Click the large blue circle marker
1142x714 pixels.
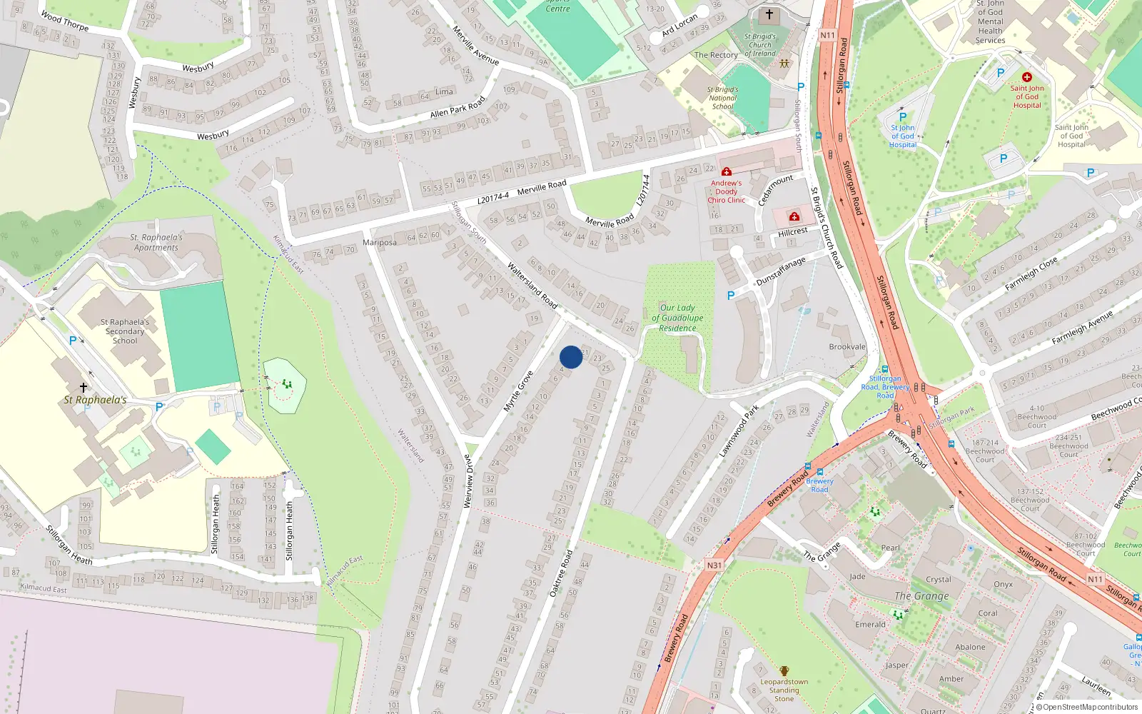[571, 357]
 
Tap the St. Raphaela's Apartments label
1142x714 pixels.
[156, 243]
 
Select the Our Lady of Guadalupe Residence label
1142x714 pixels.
[677, 318]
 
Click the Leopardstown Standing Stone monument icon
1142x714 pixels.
[784, 671]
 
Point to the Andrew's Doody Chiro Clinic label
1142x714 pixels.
[726, 191]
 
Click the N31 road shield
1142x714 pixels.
[714, 565]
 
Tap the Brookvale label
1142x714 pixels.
[847, 347]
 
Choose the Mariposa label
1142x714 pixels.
[379, 243]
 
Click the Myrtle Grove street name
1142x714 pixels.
[518, 391]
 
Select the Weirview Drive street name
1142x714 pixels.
[468, 481]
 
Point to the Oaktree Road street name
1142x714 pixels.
[561, 573]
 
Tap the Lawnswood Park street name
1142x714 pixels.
[739, 431]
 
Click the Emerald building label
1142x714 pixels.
[870, 625]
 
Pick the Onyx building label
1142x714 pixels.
[1003, 584]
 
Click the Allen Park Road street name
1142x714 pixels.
[458, 108]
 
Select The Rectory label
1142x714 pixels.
[716, 55]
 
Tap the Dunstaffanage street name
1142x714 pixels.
[781, 272]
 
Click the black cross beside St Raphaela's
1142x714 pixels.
[84, 388]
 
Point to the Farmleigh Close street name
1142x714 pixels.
[1031, 275]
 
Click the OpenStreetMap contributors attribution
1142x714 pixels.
[1090, 708]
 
